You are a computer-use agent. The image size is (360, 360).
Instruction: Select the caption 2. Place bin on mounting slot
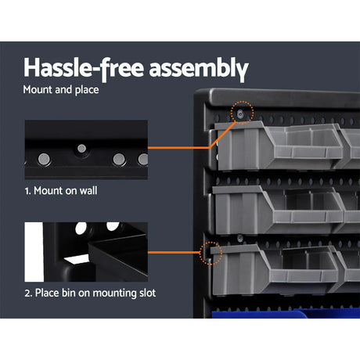(x=91, y=293)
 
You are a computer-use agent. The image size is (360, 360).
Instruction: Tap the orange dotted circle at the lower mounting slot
(x=211, y=253)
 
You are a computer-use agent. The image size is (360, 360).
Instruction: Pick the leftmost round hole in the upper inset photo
(x=44, y=160)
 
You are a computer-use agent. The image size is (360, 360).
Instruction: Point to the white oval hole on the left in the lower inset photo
(x=81, y=231)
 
